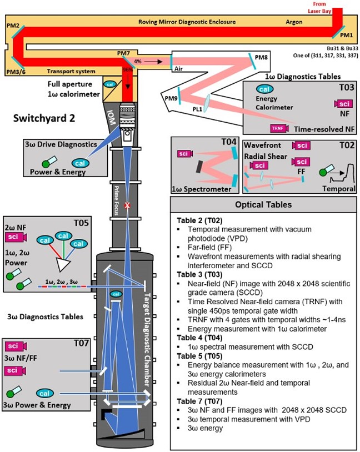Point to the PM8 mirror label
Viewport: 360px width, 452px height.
pos(262,57)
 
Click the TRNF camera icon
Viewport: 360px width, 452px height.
pos(277,128)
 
